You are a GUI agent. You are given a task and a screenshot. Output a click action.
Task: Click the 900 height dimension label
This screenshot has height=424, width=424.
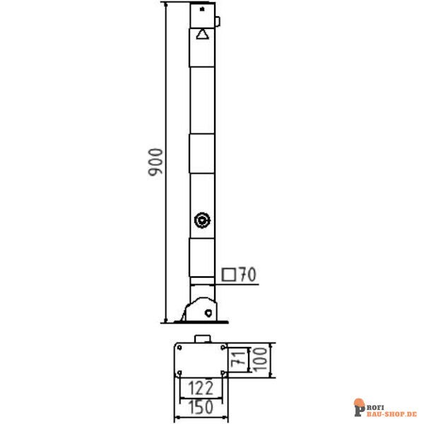(156, 163)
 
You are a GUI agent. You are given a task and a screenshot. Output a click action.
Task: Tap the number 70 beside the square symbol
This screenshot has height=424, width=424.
(246, 274)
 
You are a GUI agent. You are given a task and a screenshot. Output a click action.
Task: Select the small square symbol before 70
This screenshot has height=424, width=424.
(229, 274)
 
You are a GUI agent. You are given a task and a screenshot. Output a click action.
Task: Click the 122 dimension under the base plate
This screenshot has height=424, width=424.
(201, 387)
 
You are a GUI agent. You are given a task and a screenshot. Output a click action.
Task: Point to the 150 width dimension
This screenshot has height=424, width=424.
(201, 408)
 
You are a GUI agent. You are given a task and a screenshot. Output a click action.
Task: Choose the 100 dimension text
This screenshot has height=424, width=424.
(261, 360)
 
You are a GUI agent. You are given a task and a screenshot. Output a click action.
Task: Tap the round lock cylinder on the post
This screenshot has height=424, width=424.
(202, 220)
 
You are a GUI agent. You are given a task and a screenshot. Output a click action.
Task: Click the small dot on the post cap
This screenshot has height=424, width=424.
(203, 10)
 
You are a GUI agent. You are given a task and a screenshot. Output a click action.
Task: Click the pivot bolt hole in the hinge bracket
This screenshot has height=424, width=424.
(208, 312)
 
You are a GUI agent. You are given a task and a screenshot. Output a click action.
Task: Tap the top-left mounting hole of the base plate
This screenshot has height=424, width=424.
(180, 348)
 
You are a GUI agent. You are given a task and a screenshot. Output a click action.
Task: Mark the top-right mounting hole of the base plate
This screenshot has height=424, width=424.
(223, 348)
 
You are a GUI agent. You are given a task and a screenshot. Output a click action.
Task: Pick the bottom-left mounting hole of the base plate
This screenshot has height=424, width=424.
(180, 372)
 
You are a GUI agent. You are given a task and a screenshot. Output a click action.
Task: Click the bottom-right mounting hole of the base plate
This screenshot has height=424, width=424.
(223, 372)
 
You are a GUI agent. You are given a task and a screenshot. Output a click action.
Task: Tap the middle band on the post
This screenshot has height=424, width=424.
(202, 155)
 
